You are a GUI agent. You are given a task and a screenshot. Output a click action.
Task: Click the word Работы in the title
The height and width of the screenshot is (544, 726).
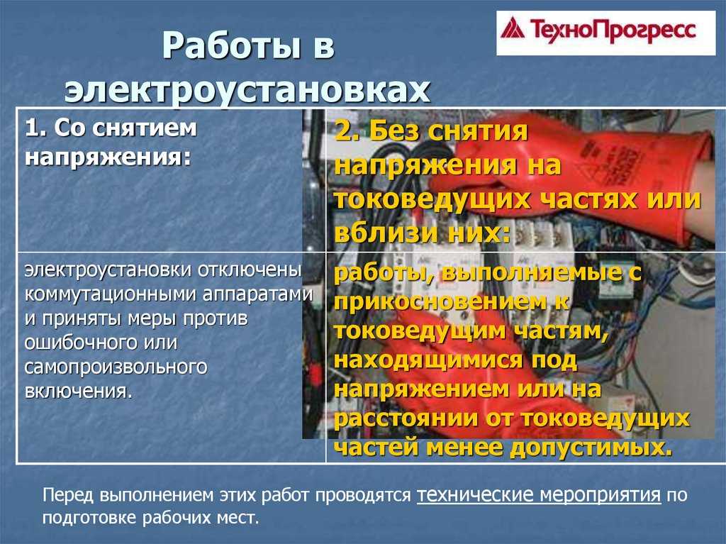(232, 45)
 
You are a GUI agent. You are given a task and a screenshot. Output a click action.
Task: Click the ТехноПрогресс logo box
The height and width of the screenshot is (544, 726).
(605, 33)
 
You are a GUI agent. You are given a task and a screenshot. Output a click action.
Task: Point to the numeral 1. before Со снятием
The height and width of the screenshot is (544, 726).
(36, 128)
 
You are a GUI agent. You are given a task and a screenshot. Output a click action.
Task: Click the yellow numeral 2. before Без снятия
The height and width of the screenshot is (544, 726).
(348, 131)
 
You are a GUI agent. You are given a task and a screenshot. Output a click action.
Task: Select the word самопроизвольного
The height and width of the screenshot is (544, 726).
(116, 367)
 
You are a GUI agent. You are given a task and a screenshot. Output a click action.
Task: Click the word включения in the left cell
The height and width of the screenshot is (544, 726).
(78, 392)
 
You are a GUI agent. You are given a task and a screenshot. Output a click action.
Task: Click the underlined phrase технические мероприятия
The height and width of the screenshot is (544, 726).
(539, 495)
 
